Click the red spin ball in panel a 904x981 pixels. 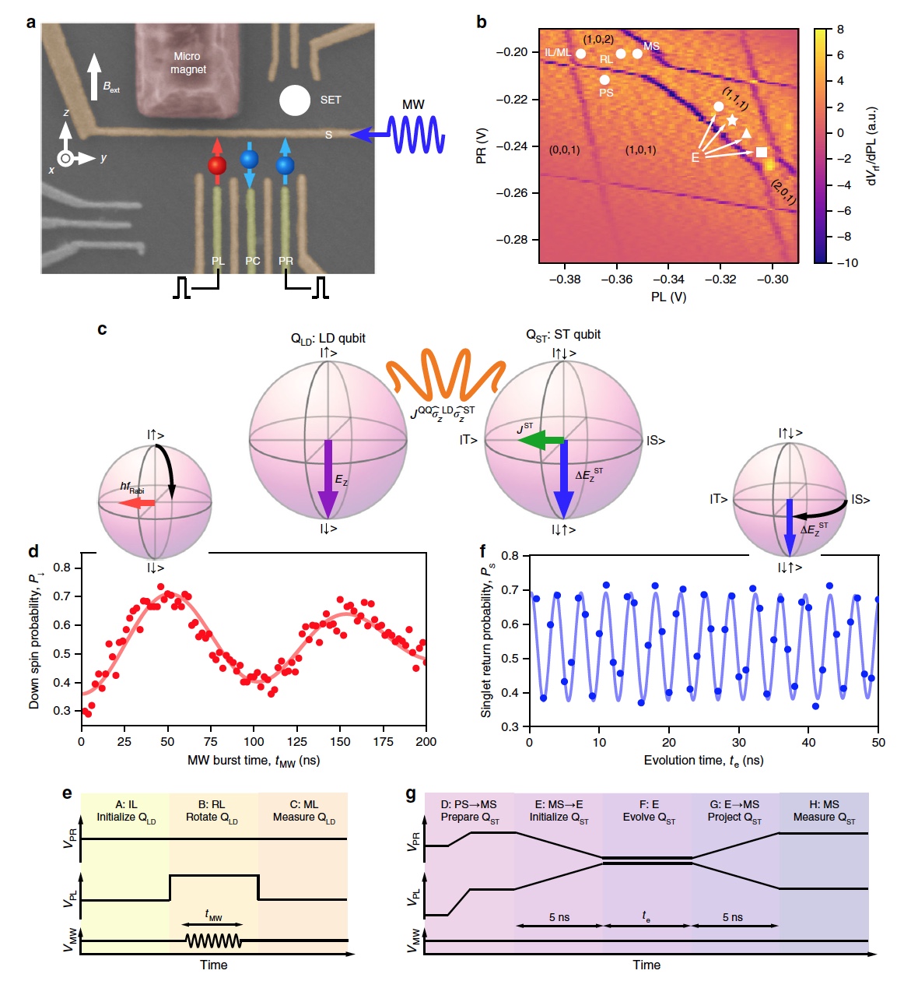point(217,165)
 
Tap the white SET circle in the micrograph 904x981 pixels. point(295,100)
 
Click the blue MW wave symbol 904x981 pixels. point(415,134)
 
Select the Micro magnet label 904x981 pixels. point(187,62)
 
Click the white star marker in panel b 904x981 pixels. point(732,120)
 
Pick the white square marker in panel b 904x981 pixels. point(762,152)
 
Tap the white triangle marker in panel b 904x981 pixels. point(747,133)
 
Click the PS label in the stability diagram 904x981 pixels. point(606,93)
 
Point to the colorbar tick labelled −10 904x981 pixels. point(847,262)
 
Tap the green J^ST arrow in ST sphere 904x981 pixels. point(541,441)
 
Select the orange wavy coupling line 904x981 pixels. point(447,376)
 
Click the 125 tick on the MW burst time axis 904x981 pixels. point(297,741)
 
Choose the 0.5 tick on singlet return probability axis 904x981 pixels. point(510,659)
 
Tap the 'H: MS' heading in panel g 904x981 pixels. point(824,804)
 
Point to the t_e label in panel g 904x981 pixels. point(646,916)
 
